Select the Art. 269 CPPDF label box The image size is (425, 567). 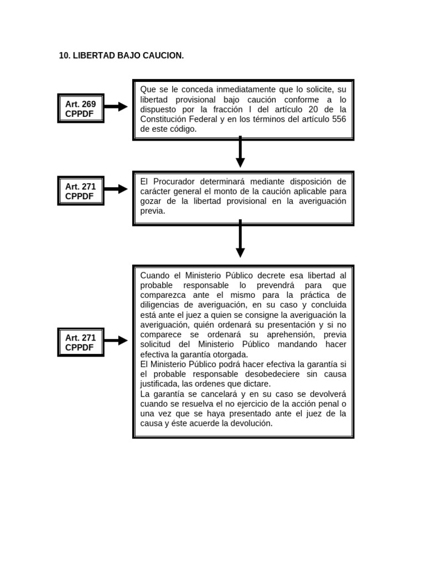(81, 108)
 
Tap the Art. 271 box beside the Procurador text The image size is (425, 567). (81, 191)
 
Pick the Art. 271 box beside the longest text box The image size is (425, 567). (81, 342)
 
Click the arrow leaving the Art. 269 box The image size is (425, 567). (116, 107)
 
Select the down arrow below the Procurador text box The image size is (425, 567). (240, 238)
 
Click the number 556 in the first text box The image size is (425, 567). (339, 119)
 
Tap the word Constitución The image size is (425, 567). (164, 119)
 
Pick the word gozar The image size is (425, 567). (151, 201)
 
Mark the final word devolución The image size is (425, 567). (252, 424)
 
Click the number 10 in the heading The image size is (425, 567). (63, 56)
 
